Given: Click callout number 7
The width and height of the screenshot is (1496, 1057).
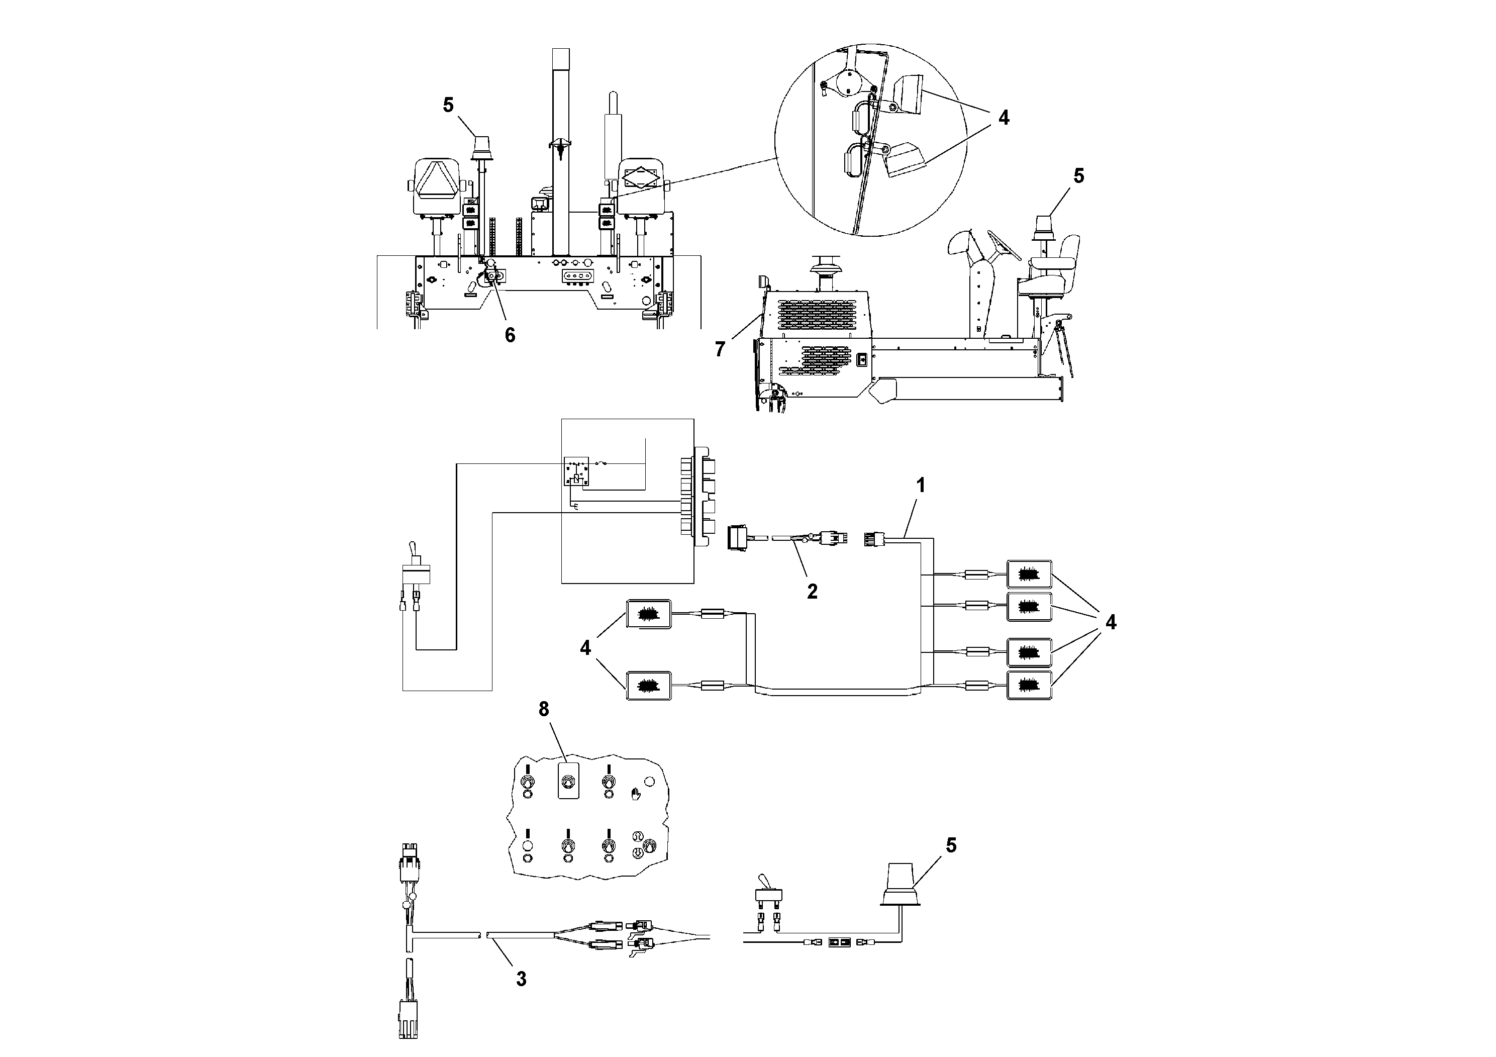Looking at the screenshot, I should pos(719,350).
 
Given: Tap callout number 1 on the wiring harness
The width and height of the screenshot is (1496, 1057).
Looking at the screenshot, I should pos(921,485).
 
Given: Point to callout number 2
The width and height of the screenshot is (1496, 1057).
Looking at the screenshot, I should pos(812,591).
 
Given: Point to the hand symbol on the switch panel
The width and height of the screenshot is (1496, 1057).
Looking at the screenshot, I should pos(636,794).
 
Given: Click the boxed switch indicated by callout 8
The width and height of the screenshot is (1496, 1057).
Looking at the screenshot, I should pos(569,781).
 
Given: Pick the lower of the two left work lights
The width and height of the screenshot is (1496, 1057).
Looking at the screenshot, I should pos(648,686).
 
